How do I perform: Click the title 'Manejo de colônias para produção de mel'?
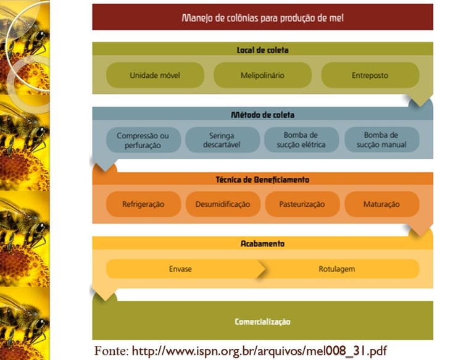point(262,18)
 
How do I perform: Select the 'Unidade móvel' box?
point(155,75)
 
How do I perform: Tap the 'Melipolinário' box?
point(262,75)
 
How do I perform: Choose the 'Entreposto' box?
point(370,75)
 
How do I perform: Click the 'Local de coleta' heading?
point(262,49)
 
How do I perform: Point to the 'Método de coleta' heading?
point(262,115)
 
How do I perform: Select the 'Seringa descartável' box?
point(222,140)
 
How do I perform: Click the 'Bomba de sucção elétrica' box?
point(302,140)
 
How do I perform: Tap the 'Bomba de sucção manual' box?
point(381,140)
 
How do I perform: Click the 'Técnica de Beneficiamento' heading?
point(262,180)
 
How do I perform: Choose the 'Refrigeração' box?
point(143,204)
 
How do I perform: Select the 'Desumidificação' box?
point(223,204)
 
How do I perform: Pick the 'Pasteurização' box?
point(302,204)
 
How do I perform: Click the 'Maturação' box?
point(381,204)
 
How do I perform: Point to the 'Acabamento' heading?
point(262,244)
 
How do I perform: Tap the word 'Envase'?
point(180,269)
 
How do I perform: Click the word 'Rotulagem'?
point(336,269)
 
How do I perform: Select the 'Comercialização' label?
point(262,322)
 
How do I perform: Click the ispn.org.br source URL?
point(259,351)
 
